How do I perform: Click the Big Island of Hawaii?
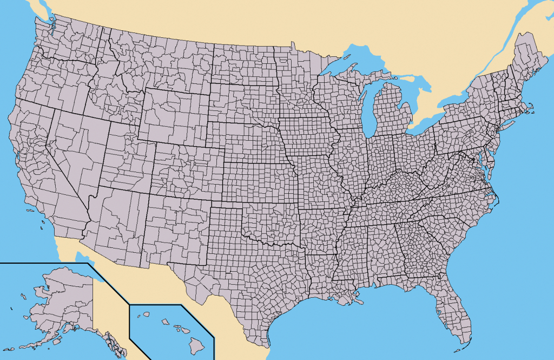tap(196, 343)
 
